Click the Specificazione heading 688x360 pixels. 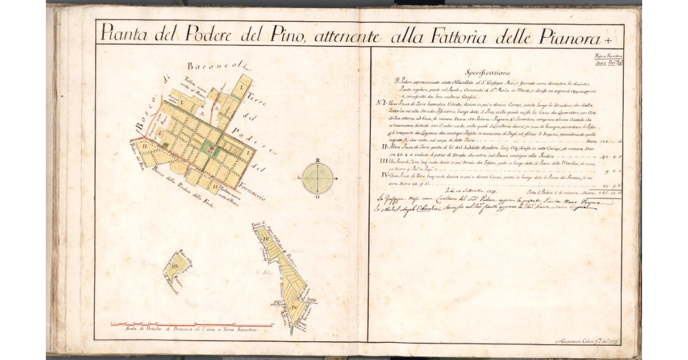tap(487, 73)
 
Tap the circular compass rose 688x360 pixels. tap(316, 178)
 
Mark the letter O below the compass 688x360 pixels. tap(317, 198)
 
